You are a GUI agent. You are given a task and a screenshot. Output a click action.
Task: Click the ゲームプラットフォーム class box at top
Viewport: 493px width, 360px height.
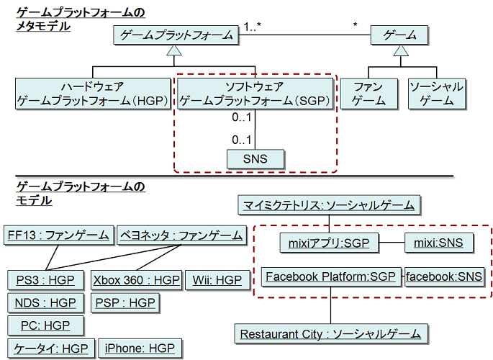click(176, 35)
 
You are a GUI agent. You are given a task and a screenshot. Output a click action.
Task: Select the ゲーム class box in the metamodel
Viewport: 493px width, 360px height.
click(399, 35)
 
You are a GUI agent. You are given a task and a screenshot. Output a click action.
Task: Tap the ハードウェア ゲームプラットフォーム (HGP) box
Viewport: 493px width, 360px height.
click(94, 94)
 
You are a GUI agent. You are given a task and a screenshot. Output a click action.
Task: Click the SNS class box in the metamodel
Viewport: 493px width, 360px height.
click(255, 158)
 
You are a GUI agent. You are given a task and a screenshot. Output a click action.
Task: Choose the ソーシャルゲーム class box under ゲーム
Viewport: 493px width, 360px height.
click(436, 94)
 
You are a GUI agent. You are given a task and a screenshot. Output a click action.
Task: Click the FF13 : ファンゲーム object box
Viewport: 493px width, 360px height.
click(58, 235)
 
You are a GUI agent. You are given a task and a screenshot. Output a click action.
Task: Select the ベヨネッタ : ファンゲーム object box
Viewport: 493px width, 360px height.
click(181, 235)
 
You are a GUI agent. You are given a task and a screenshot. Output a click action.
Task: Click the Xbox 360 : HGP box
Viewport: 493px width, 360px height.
click(136, 279)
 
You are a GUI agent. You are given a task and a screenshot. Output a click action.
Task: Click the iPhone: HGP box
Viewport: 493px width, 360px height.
click(140, 348)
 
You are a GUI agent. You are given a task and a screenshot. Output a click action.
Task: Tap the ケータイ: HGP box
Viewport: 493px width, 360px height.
click(50, 348)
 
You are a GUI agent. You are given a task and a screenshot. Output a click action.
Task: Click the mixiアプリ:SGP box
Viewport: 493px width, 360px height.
click(327, 243)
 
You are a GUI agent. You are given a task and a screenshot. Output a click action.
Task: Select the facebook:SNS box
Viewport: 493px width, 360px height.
click(443, 276)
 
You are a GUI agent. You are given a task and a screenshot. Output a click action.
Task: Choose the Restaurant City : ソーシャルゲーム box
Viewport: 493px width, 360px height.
click(331, 334)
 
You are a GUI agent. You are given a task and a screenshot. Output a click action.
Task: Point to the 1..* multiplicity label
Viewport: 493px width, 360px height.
click(252, 27)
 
